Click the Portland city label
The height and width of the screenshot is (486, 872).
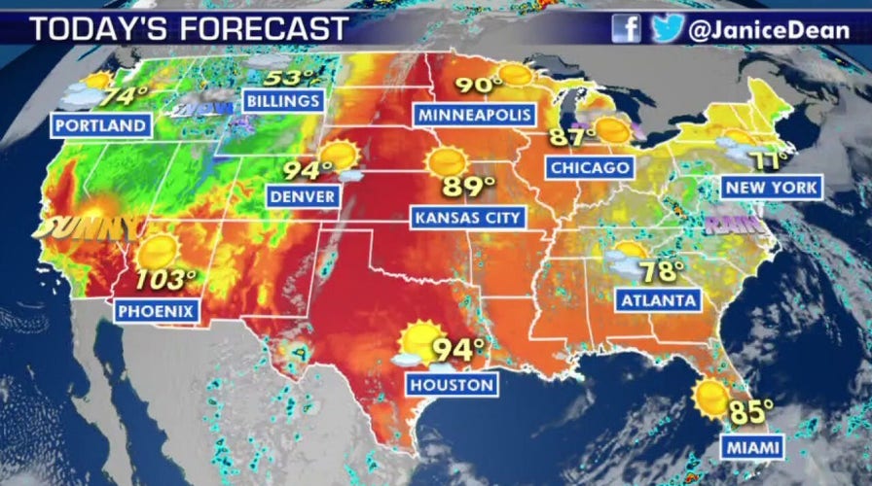(101, 125)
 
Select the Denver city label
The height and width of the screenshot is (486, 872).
(303, 196)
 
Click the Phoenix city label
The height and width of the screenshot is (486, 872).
(158, 311)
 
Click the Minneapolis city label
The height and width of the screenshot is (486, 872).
(476, 115)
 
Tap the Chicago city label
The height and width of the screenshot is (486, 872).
(590, 167)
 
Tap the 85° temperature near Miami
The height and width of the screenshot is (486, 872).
(751, 412)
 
